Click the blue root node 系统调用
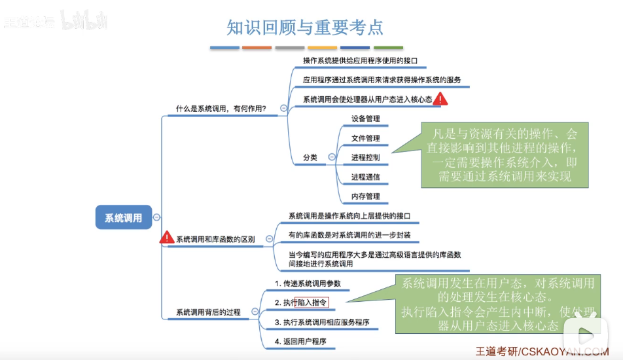[124, 218]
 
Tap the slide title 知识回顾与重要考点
[304, 27]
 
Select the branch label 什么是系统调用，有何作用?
[221, 108]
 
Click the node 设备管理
[365, 119]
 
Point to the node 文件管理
[365, 139]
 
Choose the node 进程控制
[365, 158]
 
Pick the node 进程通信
[365, 177]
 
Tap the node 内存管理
[365, 196]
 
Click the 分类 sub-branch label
[310, 158]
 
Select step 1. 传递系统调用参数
[308, 283]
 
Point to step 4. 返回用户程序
[300, 341]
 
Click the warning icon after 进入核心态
[442, 99]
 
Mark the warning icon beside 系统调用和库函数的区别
[167, 238]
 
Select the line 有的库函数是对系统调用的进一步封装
[349, 235]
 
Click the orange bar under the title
[257, 48]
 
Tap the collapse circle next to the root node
[157, 218]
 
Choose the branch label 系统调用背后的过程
[208, 312]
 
